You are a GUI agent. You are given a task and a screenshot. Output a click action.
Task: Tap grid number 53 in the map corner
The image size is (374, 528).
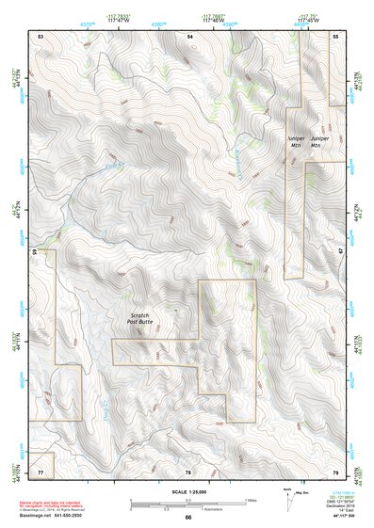pos(41,35)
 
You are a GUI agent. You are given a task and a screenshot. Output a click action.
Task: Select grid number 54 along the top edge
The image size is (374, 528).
pos(190,35)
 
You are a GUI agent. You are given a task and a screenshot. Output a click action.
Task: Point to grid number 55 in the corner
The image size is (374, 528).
pos(335,35)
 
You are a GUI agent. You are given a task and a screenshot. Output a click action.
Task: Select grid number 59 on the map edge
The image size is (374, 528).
pos(36,252)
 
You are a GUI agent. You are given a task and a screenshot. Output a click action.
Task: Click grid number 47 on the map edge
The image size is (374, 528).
pos(340,252)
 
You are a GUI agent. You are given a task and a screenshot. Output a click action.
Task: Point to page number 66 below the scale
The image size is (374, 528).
pos(188,518)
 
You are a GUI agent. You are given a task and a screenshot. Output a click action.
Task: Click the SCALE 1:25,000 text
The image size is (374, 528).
pos(188,492)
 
